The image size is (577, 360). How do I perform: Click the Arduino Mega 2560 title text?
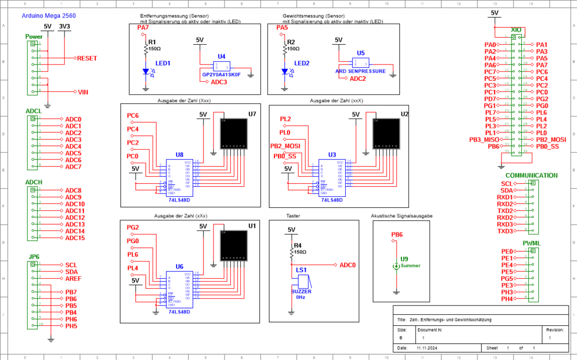click(x=49, y=16)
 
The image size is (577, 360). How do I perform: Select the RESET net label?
click(x=87, y=58)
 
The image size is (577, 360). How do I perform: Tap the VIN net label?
click(x=83, y=92)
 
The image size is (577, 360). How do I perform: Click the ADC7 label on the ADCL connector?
click(x=73, y=167)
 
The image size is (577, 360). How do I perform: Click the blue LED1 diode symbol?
click(x=146, y=72)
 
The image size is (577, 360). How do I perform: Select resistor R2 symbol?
click(x=285, y=48)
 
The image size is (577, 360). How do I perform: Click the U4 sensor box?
click(x=221, y=66)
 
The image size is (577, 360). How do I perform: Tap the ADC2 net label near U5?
click(x=358, y=79)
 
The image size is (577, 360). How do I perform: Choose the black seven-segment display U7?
click(x=233, y=134)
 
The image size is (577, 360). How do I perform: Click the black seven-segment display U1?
click(x=233, y=245)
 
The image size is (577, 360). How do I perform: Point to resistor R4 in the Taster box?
click(x=292, y=252)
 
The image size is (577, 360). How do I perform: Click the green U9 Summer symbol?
click(x=396, y=266)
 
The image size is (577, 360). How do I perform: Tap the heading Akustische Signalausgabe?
click(x=401, y=216)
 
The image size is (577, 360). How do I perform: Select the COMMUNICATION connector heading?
click(x=531, y=175)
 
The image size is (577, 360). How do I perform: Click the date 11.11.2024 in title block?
click(x=427, y=348)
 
